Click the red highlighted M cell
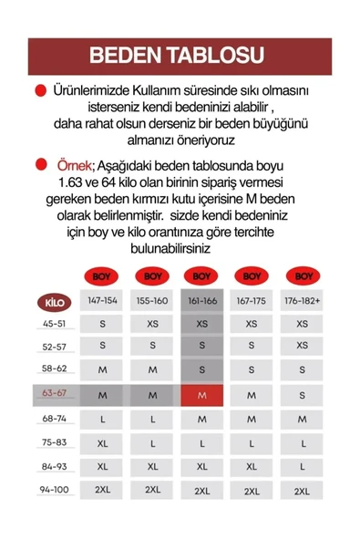(x=202, y=395)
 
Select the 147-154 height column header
(x=103, y=301)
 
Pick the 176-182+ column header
(x=301, y=301)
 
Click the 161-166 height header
(x=202, y=301)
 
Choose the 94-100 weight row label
(x=54, y=489)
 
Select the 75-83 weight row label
(x=54, y=442)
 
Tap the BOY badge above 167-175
(x=252, y=275)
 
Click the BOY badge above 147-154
(x=103, y=275)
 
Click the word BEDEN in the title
(x=133, y=55)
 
